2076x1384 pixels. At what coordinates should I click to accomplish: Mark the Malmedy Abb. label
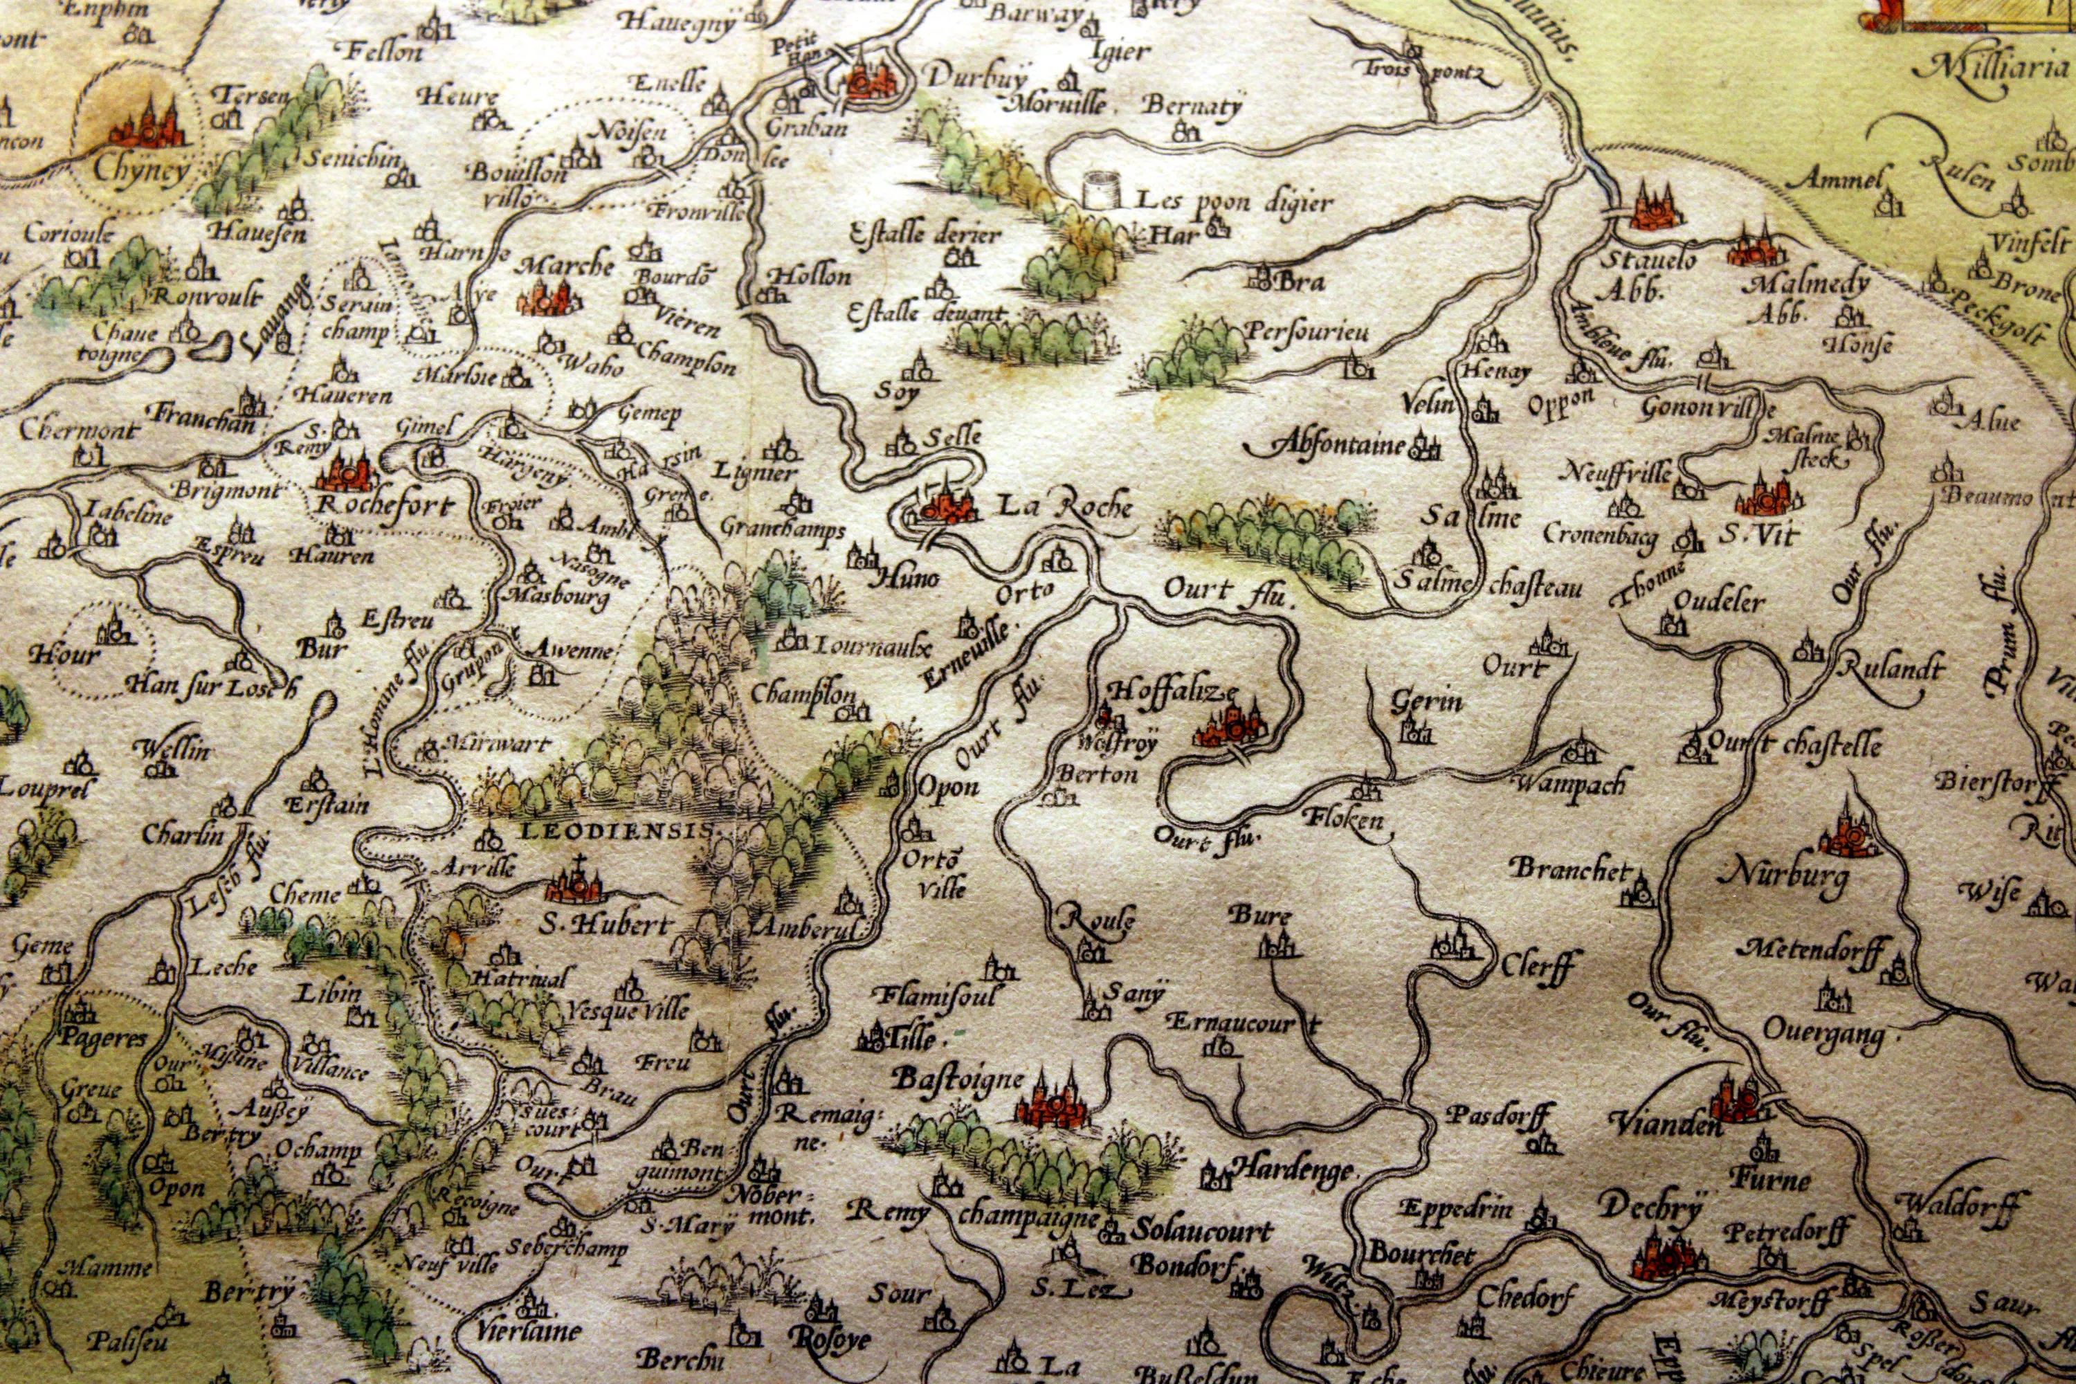point(1809,295)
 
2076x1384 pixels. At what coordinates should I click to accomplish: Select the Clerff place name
point(1538,965)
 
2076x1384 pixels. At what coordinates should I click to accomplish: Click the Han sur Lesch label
point(212,684)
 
